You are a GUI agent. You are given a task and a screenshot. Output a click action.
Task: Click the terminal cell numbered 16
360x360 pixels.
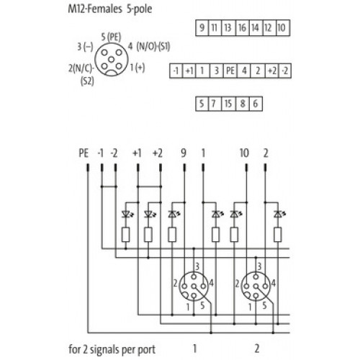point(243,28)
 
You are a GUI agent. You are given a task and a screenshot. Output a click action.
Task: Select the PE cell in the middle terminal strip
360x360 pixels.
point(230,71)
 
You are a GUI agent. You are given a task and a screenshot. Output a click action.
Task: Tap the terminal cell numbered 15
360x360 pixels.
point(228,104)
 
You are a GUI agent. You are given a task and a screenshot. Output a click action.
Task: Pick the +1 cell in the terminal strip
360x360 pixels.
point(189,71)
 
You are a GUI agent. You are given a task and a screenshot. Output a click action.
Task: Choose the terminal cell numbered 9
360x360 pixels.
point(202,28)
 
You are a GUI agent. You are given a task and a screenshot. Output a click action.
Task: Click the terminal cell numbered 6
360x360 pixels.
point(256,104)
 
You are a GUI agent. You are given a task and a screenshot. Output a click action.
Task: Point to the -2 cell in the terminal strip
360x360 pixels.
point(285,71)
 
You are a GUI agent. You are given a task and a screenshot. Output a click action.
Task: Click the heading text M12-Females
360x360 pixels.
point(95,9)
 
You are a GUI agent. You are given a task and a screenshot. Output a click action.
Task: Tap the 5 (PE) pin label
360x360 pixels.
point(111,37)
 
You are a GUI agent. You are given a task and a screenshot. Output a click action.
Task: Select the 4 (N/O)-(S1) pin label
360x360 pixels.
point(149,46)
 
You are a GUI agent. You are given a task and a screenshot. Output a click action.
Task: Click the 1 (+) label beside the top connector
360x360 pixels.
point(138,68)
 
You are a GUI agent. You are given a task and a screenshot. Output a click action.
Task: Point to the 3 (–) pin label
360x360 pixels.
point(85,47)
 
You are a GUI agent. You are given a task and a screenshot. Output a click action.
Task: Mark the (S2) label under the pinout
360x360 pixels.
point(87,81)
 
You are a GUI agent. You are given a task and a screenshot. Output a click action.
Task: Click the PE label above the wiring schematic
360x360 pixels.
point(84,153)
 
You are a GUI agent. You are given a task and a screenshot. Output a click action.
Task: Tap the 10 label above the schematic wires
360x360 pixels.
point(244,153)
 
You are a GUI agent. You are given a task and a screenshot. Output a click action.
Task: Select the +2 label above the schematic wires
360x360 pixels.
point(158,153)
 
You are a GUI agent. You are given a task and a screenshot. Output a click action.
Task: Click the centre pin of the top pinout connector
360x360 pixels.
point(111,59)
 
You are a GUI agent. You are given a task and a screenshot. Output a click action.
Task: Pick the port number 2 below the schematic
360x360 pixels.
point(257,348)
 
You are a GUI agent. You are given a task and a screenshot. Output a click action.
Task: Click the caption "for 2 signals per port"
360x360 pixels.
point(112,350)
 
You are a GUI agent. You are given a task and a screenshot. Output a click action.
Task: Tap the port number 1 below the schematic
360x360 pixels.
point(194,348)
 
